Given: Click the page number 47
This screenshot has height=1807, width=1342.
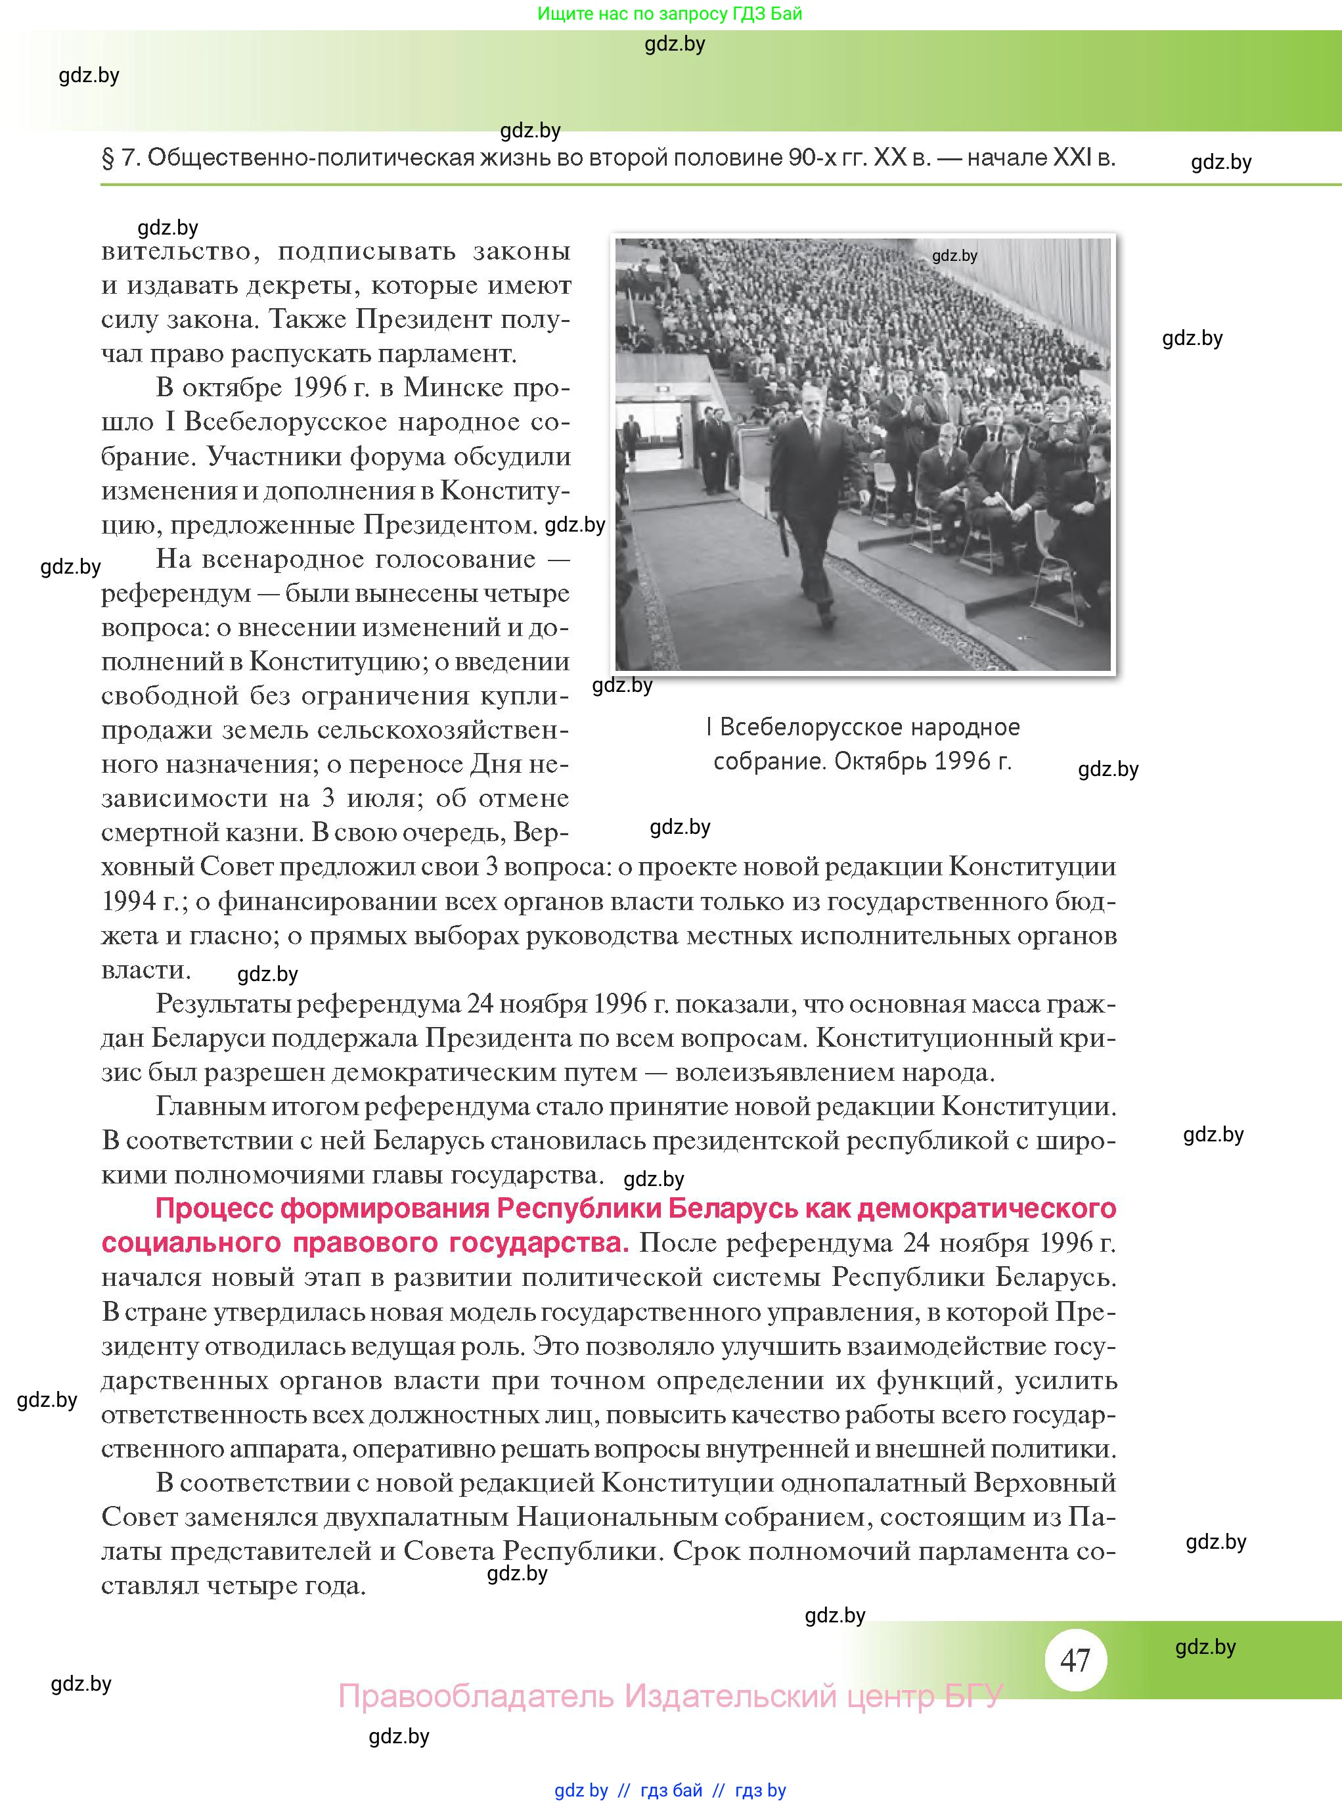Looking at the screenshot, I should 1075,1660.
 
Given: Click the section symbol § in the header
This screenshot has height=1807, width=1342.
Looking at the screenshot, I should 108,158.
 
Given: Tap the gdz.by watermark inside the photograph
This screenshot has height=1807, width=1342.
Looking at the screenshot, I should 954,256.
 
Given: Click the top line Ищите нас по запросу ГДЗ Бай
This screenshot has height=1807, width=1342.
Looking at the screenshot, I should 669,14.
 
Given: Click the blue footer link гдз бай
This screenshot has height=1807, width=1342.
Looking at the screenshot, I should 671,1791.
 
